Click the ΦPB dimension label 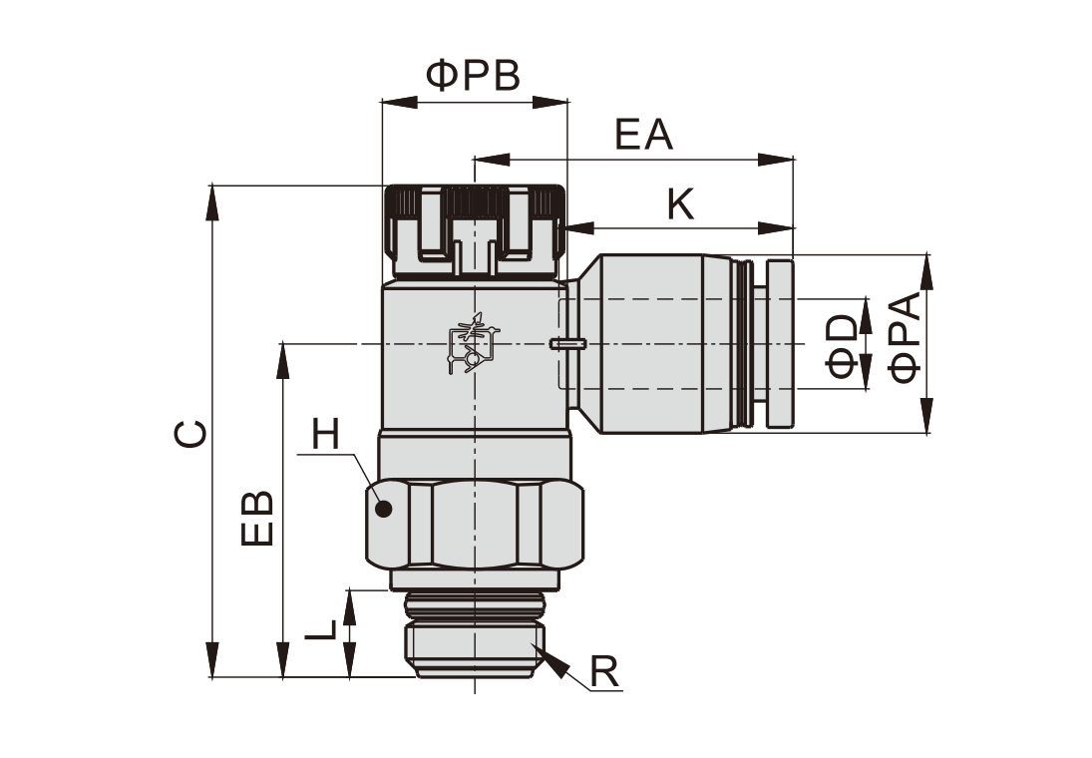pos(474,76)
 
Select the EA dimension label pos(643,135)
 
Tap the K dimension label pos(680,204)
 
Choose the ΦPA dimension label pos(906,339)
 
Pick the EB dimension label pos(258,517)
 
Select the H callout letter pos(325,435)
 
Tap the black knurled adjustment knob pos(474,229)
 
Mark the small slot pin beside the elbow pos(565,344)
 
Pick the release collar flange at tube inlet pos(779,343)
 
